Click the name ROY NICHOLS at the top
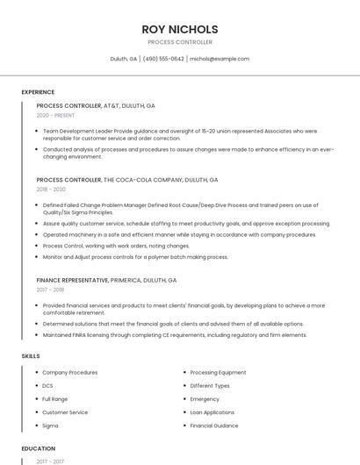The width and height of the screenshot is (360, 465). [180, 29]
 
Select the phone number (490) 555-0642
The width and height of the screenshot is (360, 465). [163, 59]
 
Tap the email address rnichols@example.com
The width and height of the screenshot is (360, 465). [220, 59]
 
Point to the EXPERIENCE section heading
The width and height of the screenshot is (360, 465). [38, 92]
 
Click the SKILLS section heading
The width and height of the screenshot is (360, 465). [31, 356]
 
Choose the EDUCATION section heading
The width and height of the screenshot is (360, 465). [38, 448]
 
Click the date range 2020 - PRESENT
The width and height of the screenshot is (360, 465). [56, 116]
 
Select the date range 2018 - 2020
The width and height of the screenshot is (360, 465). [51, 190]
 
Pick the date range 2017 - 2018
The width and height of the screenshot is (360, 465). [50, 290]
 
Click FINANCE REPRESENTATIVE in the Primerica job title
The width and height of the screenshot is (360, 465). [72, 280]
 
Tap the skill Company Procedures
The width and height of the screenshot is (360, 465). [70, 372]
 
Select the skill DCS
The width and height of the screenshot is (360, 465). [47, 385]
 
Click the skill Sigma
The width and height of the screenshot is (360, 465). [50, 426]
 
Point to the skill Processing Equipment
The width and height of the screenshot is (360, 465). [218, 372]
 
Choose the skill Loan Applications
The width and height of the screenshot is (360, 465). [212, 412]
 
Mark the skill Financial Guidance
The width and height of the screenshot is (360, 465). [214, 426]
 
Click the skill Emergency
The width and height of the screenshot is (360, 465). [205, 399]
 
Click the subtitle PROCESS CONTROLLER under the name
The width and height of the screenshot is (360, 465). [180, 42]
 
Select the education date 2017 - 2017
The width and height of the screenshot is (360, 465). [50, 461]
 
